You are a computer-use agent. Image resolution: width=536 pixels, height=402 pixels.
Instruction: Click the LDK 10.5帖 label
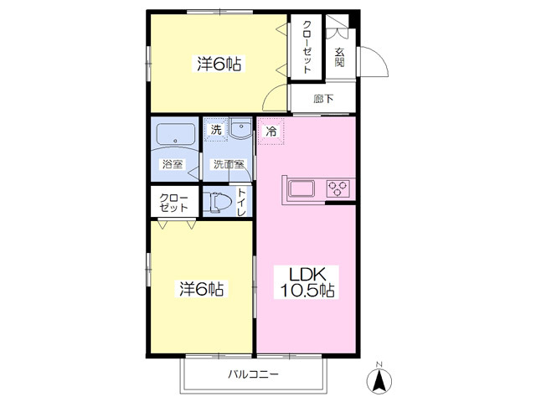click(307, 282)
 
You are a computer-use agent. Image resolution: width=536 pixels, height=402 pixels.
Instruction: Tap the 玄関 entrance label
click(339, 57)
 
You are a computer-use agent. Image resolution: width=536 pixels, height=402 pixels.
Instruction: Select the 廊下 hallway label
click(323, 99)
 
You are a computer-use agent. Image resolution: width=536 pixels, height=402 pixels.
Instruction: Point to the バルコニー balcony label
click(253, 374)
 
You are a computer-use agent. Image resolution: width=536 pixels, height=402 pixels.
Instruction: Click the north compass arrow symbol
click(379, 379)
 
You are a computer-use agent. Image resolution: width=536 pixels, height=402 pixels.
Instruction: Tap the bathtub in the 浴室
click(176, 134)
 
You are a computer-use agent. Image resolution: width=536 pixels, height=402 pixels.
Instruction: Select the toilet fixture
click(217, 203)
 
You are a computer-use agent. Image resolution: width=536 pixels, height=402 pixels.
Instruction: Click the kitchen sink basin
click(301, 188)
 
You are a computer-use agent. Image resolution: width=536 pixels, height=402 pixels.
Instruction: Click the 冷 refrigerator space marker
click(271, 131)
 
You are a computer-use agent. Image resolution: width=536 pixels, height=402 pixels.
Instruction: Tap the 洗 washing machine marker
click(216, 130)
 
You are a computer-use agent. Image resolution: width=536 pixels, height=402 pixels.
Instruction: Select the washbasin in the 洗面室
click(240, 129)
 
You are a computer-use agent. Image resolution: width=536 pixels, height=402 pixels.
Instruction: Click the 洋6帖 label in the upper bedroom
click(219, 64)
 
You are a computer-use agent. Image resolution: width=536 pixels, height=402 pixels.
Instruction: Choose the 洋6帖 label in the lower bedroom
click(201, 289)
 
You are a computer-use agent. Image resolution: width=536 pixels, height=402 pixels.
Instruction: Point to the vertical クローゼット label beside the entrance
click(307, 47)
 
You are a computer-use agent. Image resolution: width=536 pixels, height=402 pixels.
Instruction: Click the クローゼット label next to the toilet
click(174, 203)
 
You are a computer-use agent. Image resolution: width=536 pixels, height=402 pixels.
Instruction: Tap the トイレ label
click(241, 202)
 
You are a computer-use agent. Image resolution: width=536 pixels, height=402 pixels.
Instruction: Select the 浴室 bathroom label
click(173, 164)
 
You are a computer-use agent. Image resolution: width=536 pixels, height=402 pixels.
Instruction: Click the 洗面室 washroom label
click(229, 164)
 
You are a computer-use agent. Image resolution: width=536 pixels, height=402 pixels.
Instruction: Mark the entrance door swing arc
click(380, 55)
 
